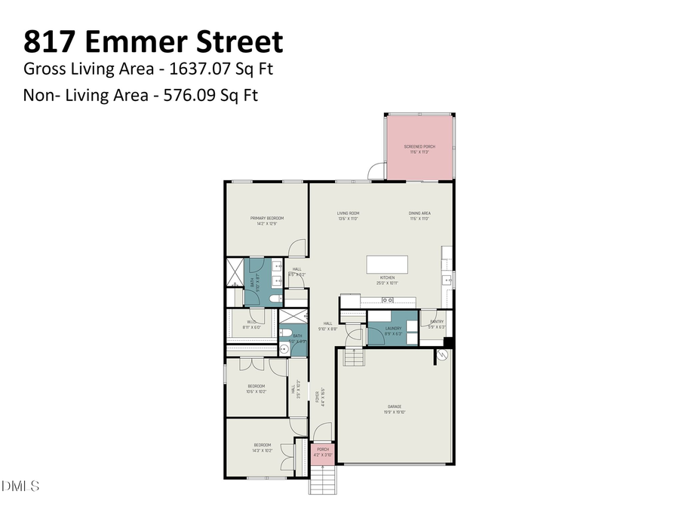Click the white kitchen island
pyautogui.click(x=387, y=264)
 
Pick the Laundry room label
pyautogui.click(x=393, y=329)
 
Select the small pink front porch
pyautogui.click(x=323, y=452)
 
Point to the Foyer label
pyautogui.click(x=321, y=395)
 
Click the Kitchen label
pyautogui.click(x=387, y=278)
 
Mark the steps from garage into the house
pyautogui.click(x=352, y=356)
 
